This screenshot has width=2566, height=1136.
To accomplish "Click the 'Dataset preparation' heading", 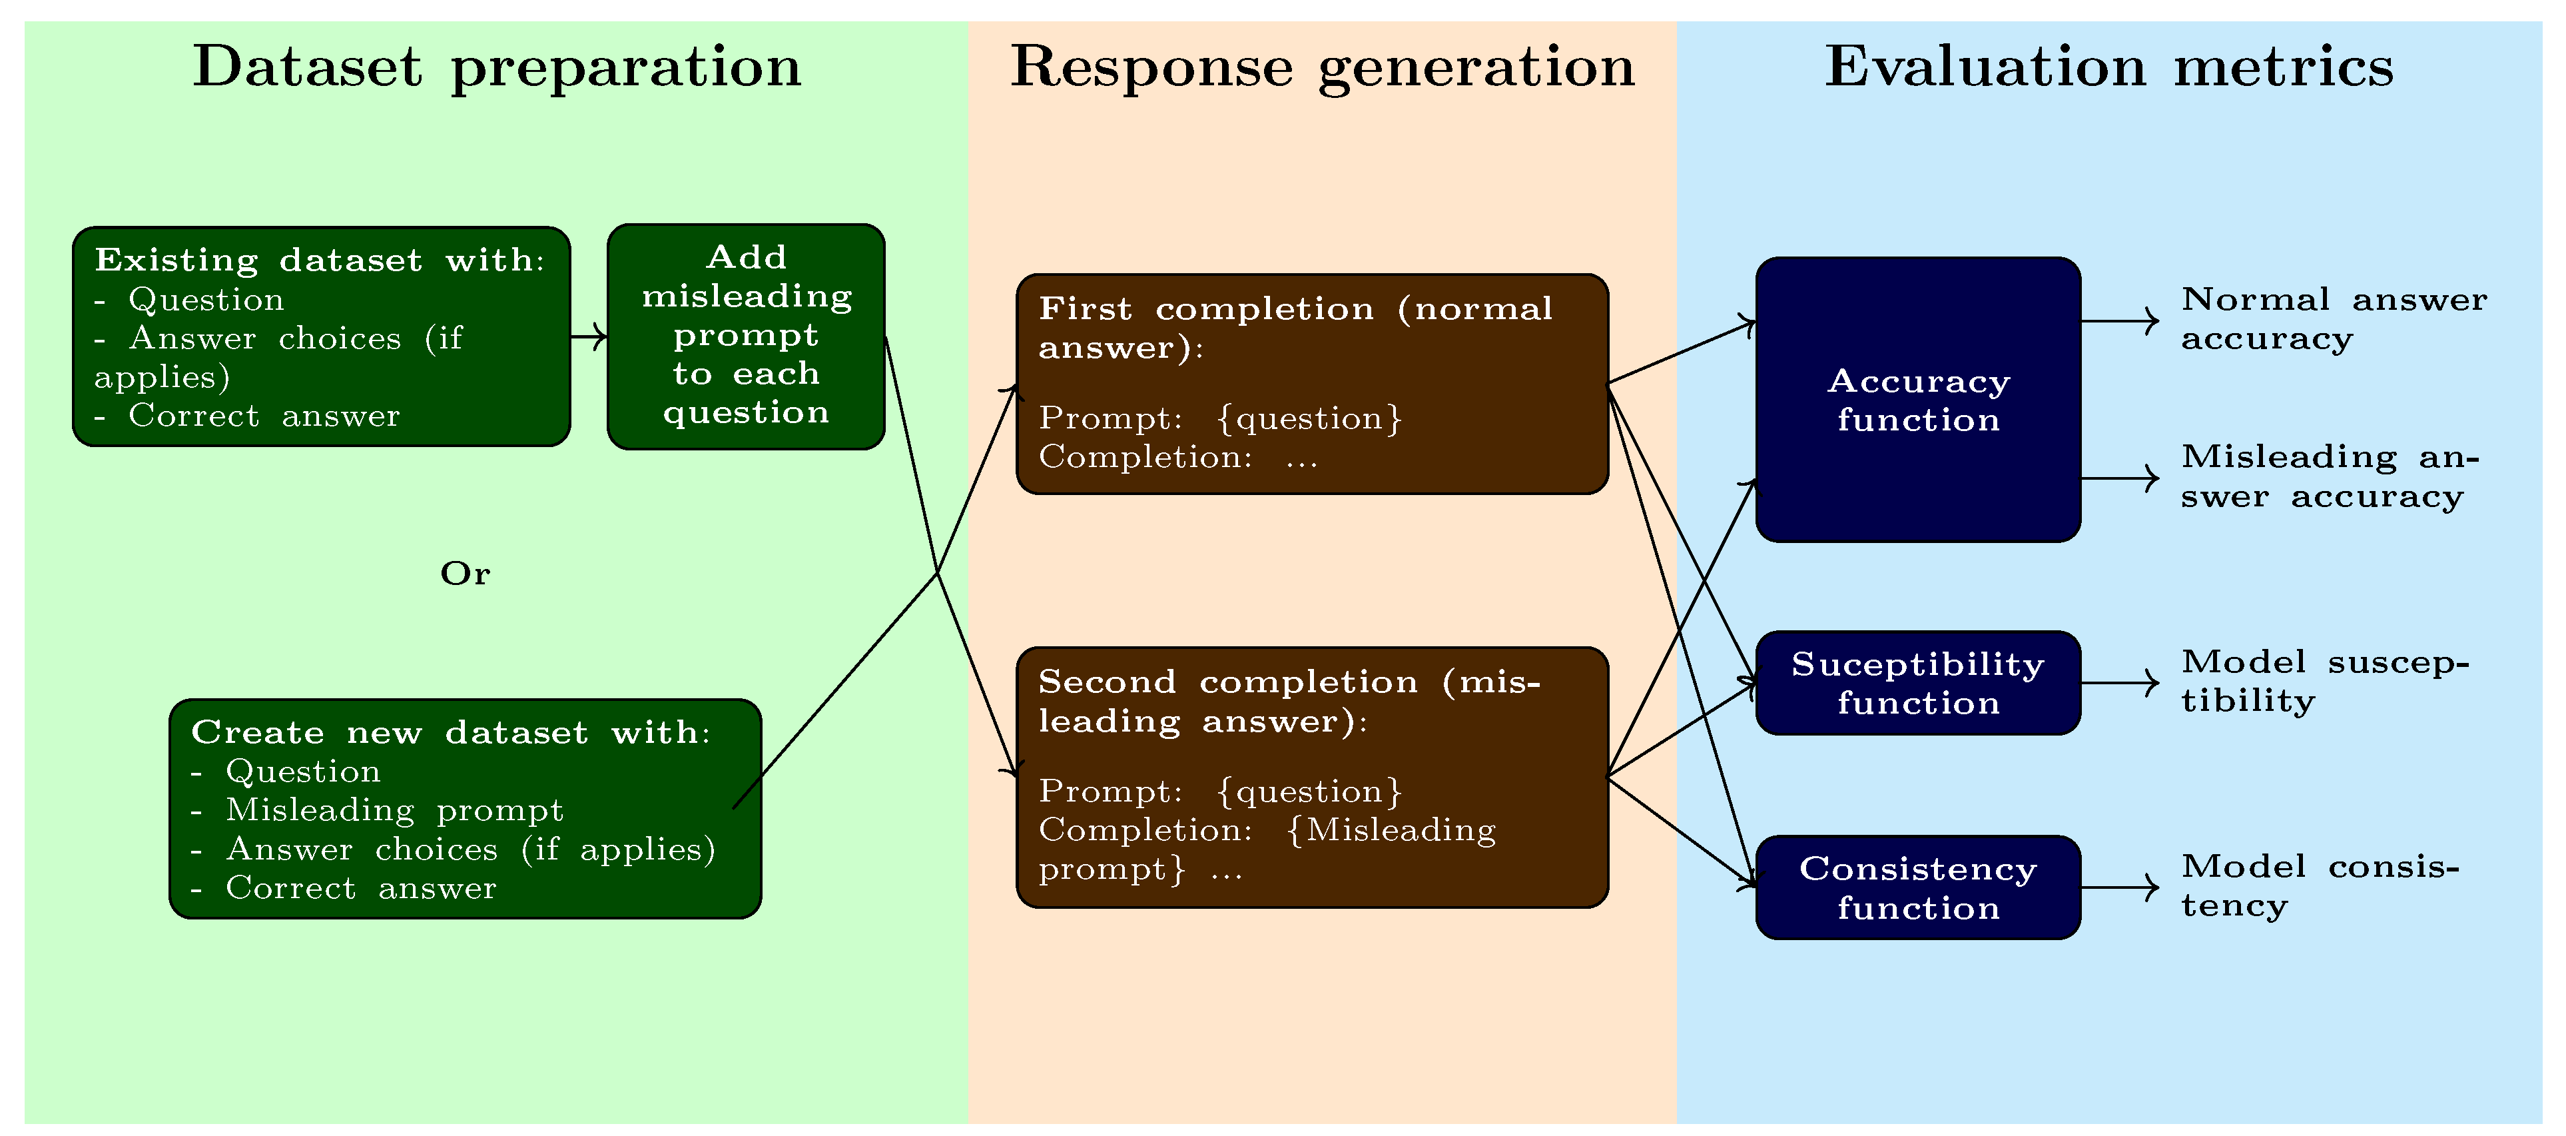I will tap(496, 68).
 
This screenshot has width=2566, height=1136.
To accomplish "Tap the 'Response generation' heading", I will tap(1322, 68).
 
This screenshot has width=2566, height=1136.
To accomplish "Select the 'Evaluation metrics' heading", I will tap(2108, 68).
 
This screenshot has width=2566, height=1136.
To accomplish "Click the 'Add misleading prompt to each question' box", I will tap(746, 336).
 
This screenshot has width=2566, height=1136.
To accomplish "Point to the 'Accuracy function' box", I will tap(1917, 400).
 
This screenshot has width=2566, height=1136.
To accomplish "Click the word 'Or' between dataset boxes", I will tap(466, 574).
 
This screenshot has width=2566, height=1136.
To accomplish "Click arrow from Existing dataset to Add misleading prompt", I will tap(589, 337).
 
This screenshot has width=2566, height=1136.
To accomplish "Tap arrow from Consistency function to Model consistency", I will tap(2118, 887).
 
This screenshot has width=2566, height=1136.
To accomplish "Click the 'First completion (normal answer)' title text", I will tap(1295, 328).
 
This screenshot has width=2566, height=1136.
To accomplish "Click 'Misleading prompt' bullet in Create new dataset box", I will tap(394, 810).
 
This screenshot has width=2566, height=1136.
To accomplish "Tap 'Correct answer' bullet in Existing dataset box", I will tap(263, 416).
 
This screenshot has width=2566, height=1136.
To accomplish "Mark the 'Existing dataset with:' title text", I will tap(319, 260).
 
